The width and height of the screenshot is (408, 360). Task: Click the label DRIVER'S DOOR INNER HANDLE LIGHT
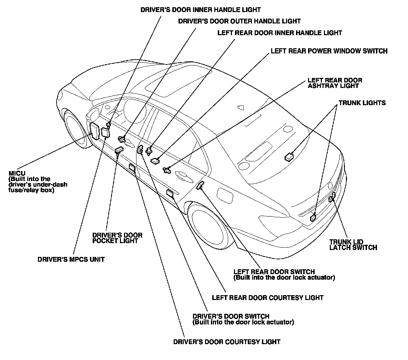pyautogui.click(x=201, y=10)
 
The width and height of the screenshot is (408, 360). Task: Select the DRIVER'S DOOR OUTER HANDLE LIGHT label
pyautogui.click(x=239, y=21)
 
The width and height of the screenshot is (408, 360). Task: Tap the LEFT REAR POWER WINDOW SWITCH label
pyautogui.click(x=329, y=51)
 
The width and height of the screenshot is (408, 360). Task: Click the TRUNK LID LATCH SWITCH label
pyautogui.click(x=353, y=244)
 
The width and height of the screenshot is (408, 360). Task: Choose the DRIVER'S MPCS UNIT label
pyautogui.click(x=71, y=259)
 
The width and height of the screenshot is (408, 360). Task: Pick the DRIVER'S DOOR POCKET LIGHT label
pyautogui.click(x=117, y=238)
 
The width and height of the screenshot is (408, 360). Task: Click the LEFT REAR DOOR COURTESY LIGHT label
pyautogui.click(x=268, y=297)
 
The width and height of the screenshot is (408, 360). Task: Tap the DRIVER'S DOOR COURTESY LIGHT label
pyautogui.click(x=227, y=342)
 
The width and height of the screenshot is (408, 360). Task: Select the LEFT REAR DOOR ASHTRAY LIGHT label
pyautogui.click(x=335, y=83)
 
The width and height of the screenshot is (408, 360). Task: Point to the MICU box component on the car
pyautogui.click(x=94, y=131)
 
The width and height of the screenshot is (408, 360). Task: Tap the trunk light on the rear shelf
pyautogui.click(x=289, y=157)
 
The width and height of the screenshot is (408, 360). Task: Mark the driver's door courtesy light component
pyautogui.click(x=132, y=168)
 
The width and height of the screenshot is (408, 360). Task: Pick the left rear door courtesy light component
pyautogui.click(x=170, y=193)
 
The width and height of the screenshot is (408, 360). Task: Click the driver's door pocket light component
pyautogui.click(x=119, y=150)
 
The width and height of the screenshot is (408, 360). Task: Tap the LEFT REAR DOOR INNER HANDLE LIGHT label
pyautogui.click(x=279, y=33)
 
